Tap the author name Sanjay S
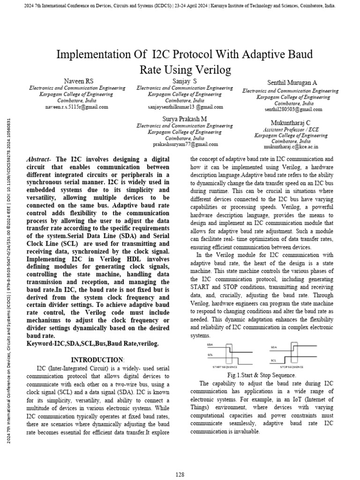click(184, 82)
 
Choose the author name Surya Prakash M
click(184, 119)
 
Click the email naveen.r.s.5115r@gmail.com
click(77, 106)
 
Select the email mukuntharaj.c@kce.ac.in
click(291, 147)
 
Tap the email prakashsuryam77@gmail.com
click(184, 144)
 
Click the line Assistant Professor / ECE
click(291, 129)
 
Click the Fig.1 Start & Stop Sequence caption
click(261, 375)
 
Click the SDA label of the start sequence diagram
click(210, 345)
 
